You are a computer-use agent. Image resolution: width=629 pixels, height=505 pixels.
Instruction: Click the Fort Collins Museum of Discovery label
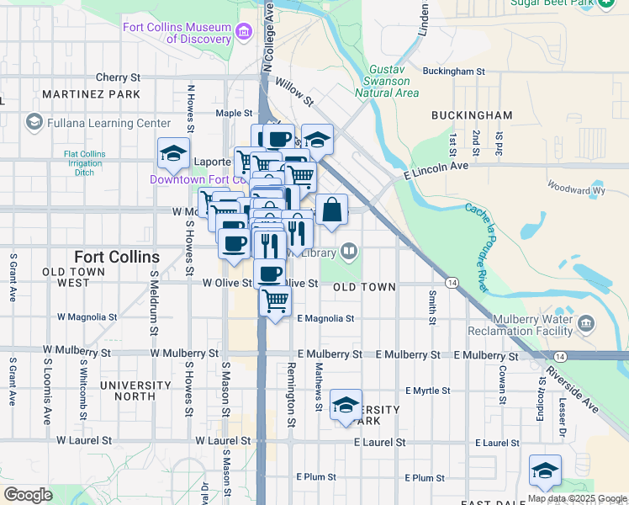pyautogui.click(x=177, y=33)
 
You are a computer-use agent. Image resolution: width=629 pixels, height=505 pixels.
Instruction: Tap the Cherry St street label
pyautogui.click(x=117, y=77)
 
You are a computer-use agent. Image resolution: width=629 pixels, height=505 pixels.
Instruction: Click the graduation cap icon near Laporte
pyautogui.click(x=173, y=153)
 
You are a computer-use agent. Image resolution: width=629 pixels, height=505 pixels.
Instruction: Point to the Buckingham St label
pyautogui.click(x=454, y=72)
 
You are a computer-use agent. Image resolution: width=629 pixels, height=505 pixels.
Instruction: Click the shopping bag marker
pyautogui.click(x=332, y=210)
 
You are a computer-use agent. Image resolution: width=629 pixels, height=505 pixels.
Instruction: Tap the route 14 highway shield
pyautogui.click(x=452, y=282)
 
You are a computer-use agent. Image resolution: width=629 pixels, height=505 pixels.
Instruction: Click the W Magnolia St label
pyautogui.click(x=87, y=317)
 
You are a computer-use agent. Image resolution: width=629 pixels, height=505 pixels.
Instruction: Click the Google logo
pyautogui.click(x=29, y=495)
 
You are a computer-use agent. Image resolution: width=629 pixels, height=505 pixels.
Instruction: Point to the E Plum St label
pyautogui.click(x=425, y=478)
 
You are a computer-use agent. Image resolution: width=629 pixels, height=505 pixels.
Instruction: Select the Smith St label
pyautogui.click(x=432, y=307)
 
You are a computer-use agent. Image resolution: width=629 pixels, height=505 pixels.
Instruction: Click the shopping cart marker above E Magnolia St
pyautogui.click(x=276, y=301)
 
